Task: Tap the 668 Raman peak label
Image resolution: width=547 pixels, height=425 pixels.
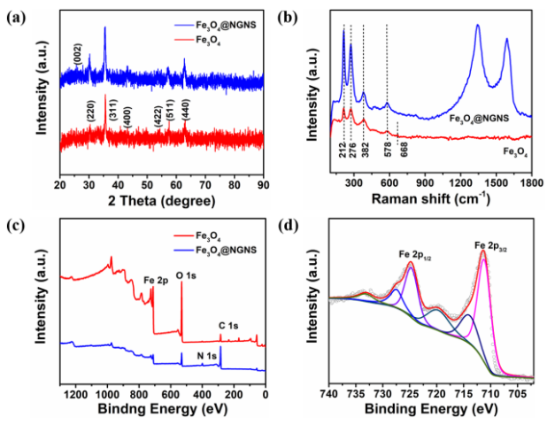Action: [404, 153]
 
